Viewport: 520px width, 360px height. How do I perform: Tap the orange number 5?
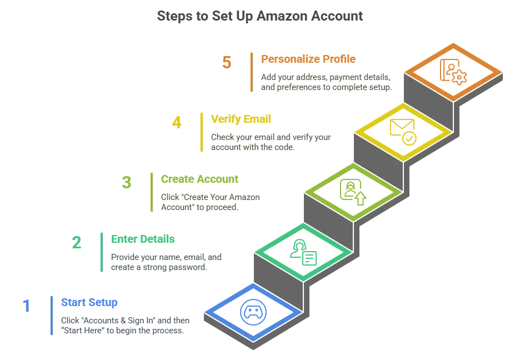click(227, 62)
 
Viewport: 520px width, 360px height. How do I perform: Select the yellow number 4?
click(177, 122)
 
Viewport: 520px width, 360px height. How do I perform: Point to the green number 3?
click(127, 182)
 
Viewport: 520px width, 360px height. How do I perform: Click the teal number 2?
click(77, 242)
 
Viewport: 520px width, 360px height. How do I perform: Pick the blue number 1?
click(26, 306)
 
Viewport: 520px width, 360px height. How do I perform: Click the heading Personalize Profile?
click(308, 59)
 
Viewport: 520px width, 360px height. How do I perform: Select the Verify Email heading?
click(241, 119)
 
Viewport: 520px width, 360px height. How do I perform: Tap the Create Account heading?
click(199, 179)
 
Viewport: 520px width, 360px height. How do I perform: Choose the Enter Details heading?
click(143, 239)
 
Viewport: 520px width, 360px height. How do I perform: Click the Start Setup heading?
click(89, 303)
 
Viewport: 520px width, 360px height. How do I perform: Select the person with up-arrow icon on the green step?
click(353, 191)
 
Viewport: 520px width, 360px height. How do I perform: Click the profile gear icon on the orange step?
click(453, 71)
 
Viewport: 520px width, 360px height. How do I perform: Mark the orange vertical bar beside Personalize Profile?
click(252, 72)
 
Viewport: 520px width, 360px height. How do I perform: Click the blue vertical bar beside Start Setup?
click(52, 316)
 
